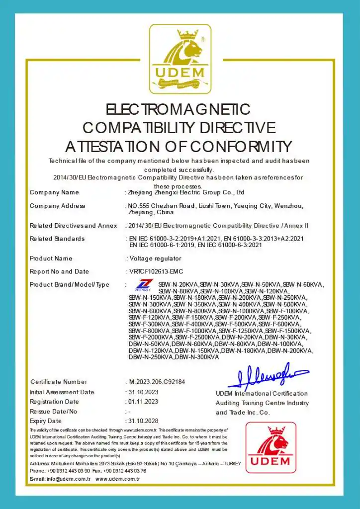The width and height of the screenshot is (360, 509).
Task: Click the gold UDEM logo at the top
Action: (180, 59)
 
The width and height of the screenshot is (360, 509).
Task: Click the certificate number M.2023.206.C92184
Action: (157, 382)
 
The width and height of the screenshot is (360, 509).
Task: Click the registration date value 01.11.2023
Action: (143, 402)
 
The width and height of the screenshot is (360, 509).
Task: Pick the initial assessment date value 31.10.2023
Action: (143, 392)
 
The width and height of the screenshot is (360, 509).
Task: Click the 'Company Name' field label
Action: (54, 192)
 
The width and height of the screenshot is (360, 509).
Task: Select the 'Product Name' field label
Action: (51, 258)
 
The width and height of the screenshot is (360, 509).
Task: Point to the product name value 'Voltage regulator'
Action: (155, 258)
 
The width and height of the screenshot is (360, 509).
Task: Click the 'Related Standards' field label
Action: (57, 239)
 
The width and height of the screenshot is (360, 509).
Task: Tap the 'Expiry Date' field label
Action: (46, 421)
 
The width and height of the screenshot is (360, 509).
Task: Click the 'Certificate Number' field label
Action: (59, 382)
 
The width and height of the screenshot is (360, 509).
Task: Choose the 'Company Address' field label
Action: (57, 206)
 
